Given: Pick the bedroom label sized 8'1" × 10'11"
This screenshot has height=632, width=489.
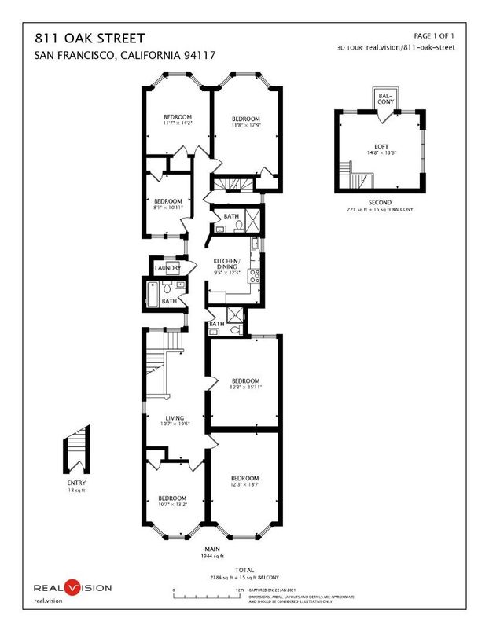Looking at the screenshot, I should pos(167,204).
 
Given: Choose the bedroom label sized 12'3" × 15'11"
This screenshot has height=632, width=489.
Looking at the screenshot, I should pos(244,384).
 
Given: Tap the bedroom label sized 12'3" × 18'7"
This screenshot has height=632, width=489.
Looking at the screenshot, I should pos(244,481).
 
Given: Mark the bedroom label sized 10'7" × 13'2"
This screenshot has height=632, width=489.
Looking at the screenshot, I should pos(171,502).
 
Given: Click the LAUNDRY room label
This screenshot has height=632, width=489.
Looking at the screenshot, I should pos(167,268).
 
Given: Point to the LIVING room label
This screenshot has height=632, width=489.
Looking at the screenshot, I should pos(174,421).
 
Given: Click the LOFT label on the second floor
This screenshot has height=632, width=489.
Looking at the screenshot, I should pos(381,149).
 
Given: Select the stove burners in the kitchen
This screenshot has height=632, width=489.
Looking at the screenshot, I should pos(255,276).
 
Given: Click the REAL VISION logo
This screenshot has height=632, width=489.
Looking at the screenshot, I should pos(72,587).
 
